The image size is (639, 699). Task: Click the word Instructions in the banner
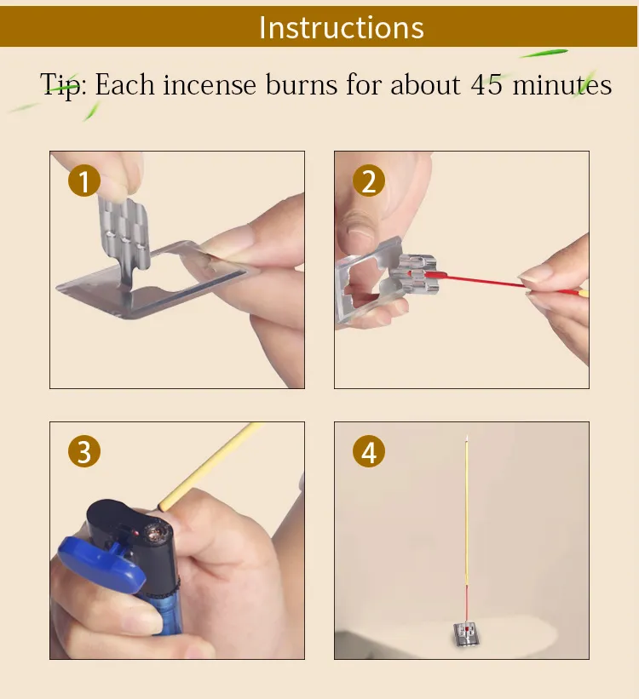pyautogui.click(x=342, y=27)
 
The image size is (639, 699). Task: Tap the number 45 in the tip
pyautogui.click(x=486, y=84)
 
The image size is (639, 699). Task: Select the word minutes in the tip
pyautogui.click(x=561, y=84)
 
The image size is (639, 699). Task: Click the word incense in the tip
pyautogui.click(x=210, y=84)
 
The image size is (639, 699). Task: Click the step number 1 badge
pyautogui.click(x=84, y=180)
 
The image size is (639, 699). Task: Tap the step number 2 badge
pyautogui.click(x=369, y=180)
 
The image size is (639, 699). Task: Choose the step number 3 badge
pyautogui.click(x=84, y=451)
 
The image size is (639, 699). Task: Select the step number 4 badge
pyautogui.click(x=369, y=451)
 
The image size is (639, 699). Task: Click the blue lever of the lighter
pyautogui.click(x=101, y=564)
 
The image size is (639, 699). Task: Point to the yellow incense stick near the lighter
pyautogui.click(x=210, y=467)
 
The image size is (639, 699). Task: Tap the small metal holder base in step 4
pyautogui.click(x=466, y=634)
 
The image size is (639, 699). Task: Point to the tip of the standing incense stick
pyautogui.click(x=467, y=436)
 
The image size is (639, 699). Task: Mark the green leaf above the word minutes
pyautogui.click(x=544, y=54)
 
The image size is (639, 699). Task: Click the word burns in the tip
pyautogui.click(x=302, y=84)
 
